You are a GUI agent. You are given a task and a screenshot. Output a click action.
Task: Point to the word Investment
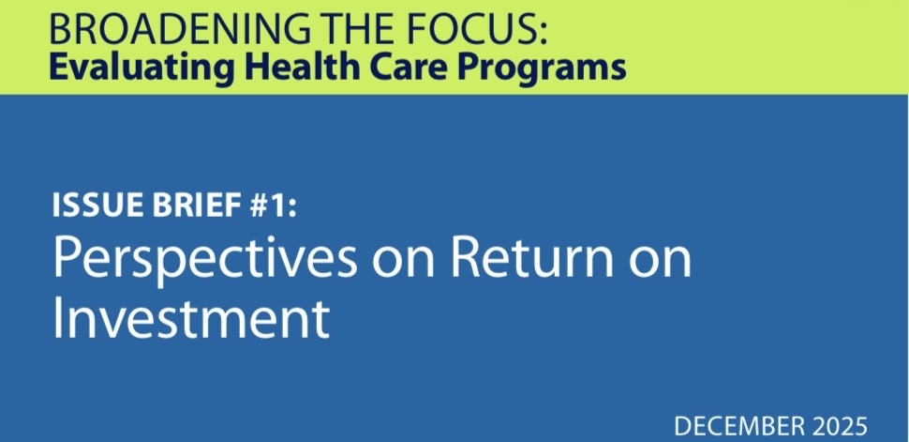click(x=190, y=320)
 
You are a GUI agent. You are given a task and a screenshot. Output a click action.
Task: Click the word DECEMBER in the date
click(x=741, y=425)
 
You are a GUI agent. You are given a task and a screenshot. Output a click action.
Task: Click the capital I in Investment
click(x=59, y=318)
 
